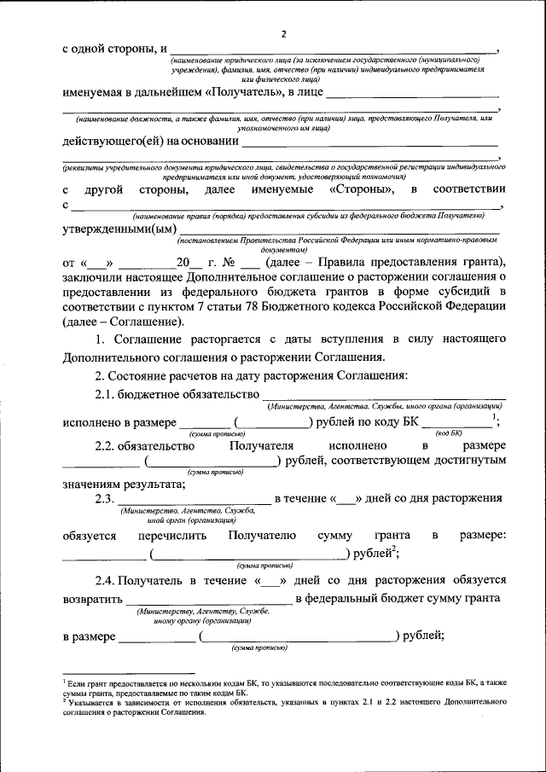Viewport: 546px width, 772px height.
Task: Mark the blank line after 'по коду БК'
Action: tap(456, 424)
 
